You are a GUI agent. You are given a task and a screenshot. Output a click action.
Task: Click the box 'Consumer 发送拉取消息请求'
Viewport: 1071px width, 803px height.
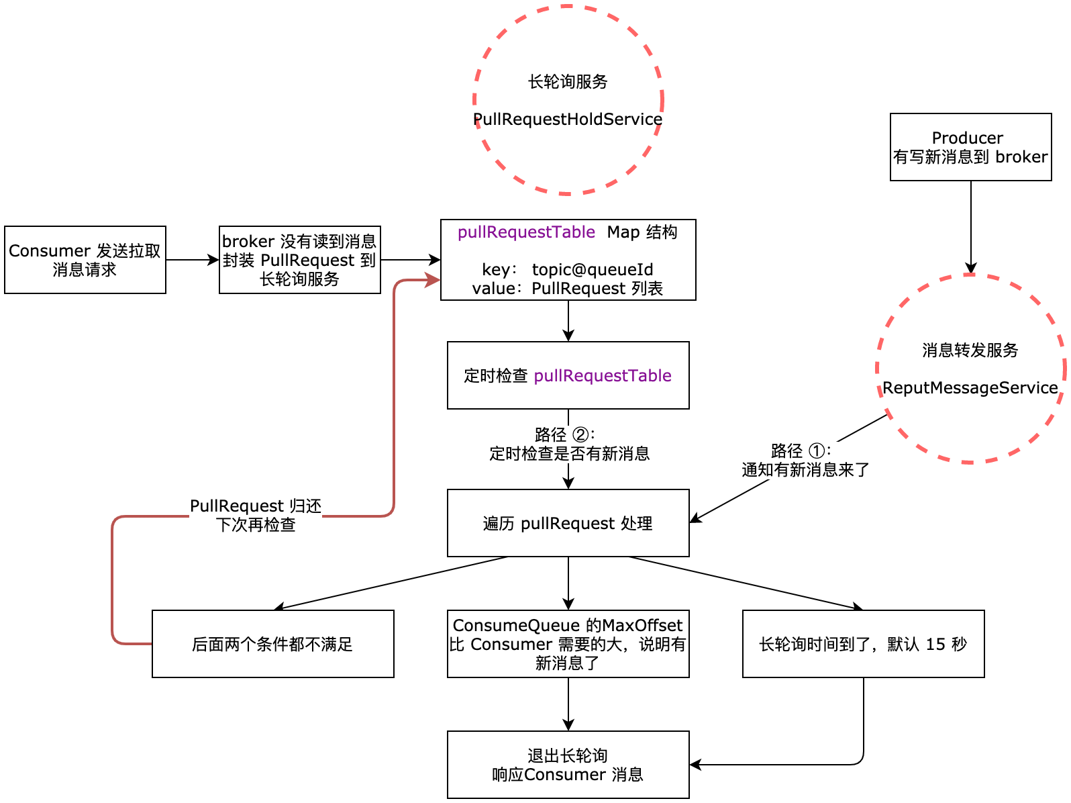(85, 260)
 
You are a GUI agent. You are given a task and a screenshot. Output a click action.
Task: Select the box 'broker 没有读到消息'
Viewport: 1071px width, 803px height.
(299, 260)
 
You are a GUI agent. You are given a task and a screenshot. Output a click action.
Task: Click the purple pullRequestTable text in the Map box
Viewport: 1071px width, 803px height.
(526, 232)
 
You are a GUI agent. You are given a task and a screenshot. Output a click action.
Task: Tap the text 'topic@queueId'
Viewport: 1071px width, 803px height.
(592, 270)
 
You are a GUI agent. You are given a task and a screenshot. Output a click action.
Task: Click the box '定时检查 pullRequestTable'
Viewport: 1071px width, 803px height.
(568, 375)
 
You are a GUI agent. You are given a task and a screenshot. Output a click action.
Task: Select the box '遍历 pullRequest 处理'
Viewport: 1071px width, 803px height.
(568, 523)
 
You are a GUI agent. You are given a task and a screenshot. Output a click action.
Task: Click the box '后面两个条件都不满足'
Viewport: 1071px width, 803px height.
(272, 644)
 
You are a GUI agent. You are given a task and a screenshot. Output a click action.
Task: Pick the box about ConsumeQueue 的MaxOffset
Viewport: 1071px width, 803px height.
(568, 644)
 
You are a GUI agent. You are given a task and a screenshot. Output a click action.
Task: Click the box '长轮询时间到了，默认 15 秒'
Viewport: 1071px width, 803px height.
(863, 644)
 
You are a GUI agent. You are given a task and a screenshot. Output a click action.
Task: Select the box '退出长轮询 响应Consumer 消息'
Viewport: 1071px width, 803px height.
(568, 765)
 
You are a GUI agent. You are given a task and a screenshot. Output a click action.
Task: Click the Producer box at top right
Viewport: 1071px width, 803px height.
(970, 147)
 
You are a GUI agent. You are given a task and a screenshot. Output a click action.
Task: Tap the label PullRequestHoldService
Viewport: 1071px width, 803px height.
(568, 120)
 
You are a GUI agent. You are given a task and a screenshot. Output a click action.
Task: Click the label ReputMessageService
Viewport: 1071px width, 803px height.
(970, 388)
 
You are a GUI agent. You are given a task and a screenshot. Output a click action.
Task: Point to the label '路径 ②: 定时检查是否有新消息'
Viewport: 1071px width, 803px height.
(569, 444)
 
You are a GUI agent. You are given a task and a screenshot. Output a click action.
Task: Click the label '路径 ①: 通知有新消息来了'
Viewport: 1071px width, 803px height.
(805, 461)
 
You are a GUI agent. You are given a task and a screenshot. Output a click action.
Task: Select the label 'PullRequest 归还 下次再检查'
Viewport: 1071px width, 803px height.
(256, 515)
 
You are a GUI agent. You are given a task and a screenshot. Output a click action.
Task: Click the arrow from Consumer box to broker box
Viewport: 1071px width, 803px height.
(192, 260)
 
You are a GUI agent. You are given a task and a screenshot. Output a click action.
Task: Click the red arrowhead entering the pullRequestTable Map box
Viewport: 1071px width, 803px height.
(433, 280)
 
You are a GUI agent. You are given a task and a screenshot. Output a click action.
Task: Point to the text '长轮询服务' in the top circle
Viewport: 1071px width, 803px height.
(568, 82)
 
